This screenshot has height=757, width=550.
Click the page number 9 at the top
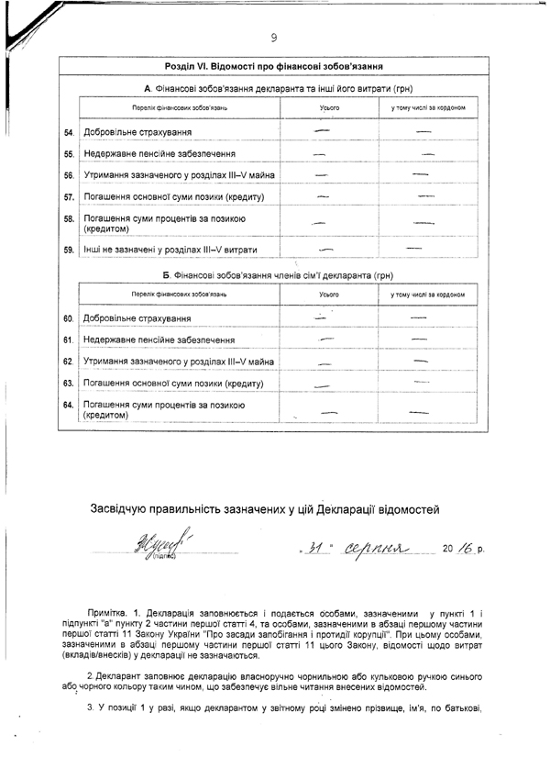[x=273, y=37]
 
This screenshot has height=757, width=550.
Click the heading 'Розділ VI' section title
[x=273, y=66]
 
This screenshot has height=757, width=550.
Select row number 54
[x=69, y=133]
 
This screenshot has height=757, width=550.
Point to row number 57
[x=69, y=196]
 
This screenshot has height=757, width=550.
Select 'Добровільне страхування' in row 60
[x=137, y=319]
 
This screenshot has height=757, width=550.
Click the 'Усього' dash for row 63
[x=326, y=385]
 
